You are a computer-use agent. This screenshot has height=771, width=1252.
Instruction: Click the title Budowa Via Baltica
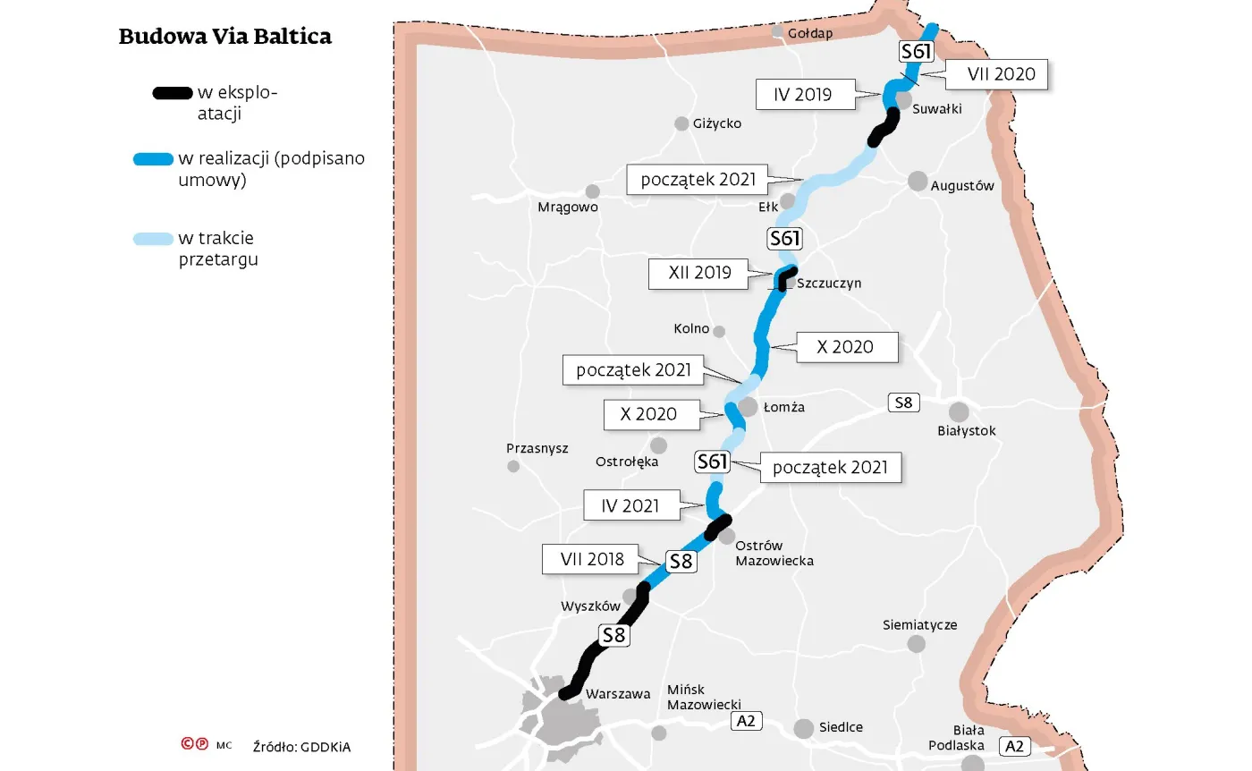(x=224, y=37)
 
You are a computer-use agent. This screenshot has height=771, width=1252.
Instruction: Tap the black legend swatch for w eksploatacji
(x=172, y=92)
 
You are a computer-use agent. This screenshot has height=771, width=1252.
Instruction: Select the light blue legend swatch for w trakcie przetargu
(x=153, y=239)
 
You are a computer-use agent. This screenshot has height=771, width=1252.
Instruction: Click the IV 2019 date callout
(x=803, y=94)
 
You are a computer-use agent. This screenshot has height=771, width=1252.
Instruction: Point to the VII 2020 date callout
(x=1002, y=74)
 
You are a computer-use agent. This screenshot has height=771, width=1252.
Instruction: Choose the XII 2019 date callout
(x=699, y=273)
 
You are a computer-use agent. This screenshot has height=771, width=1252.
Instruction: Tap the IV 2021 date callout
(x=630, y=505)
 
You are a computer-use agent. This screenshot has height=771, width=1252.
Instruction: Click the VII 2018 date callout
(x=592, y=560)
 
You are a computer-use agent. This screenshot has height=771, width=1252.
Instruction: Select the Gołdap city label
(x=810, y=34)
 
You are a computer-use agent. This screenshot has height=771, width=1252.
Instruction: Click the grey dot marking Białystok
(x=959, y=411)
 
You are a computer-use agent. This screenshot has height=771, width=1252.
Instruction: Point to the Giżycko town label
(x=717, y=123)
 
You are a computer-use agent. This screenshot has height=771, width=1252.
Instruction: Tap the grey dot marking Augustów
(x=918, y=181)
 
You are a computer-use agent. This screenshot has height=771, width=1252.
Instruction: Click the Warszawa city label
(x=618, y=694)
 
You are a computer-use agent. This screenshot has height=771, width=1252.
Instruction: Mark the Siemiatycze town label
(x=919, y=624)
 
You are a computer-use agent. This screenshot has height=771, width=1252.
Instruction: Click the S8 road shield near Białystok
(x=903, y=402)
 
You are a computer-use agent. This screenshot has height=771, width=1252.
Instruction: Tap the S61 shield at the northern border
(x=916, y=52)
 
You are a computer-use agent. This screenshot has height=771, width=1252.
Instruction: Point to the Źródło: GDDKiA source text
(x=301, y=746)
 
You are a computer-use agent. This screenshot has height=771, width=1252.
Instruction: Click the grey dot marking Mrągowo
(x=592, y=191)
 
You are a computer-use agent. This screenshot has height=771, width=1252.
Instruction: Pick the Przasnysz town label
(x=537, y=448)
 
